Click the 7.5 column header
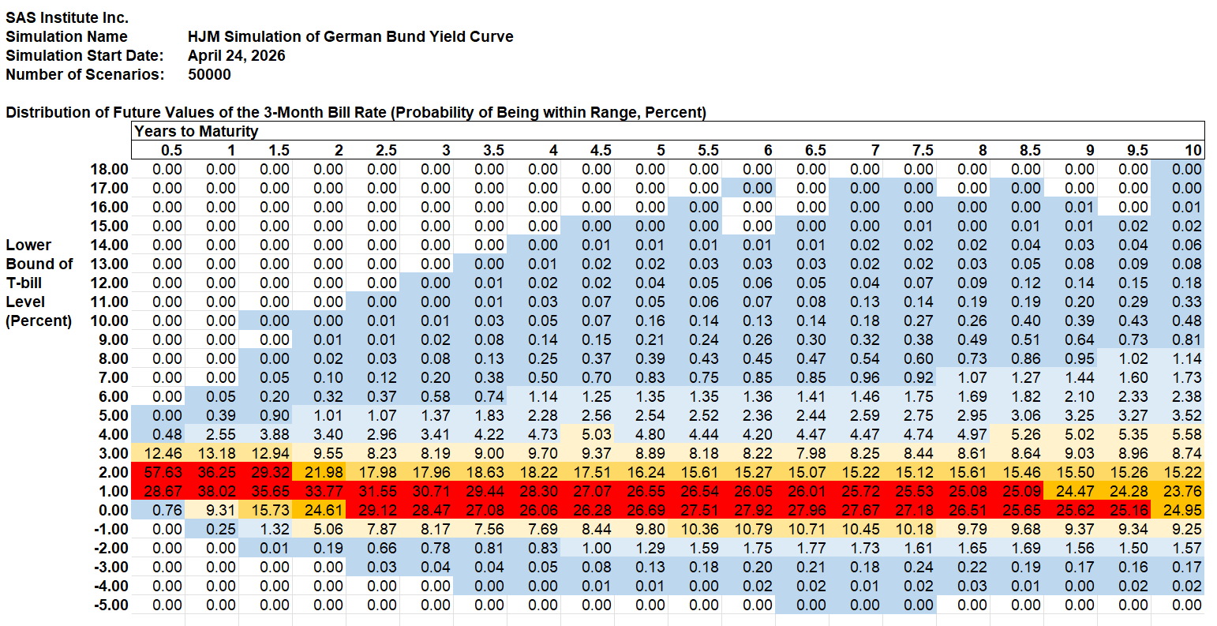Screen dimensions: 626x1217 923,150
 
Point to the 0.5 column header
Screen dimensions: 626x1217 171,150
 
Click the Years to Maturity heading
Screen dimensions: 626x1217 197,131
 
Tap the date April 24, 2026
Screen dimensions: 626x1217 237,55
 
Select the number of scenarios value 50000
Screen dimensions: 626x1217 209,74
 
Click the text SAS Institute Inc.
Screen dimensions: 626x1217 67,17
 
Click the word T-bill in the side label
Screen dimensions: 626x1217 24,283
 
